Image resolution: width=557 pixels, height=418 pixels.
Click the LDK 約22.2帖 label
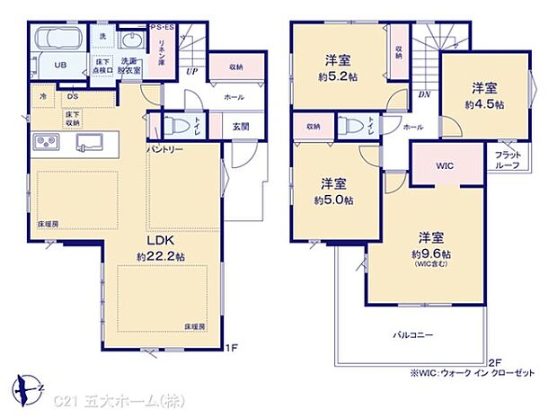click(x=160, y=248)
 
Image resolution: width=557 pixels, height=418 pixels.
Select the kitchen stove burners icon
click(x=44, y=141)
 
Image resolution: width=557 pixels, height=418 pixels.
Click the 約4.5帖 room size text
click(x=485, y=104)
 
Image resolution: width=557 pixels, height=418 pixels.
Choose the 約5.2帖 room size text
click(x=337, y=76)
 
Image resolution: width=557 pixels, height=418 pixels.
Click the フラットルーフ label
click(x=508, y=159)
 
